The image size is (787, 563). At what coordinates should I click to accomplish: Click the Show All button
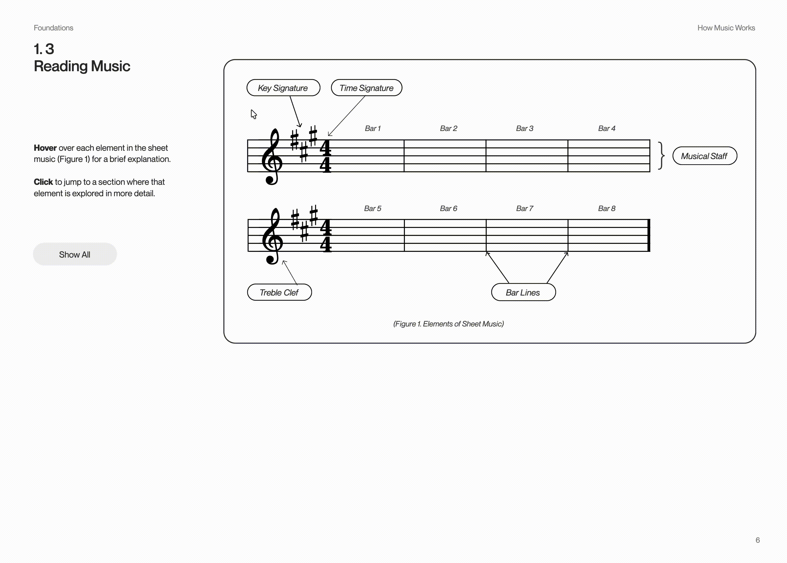point(75,254)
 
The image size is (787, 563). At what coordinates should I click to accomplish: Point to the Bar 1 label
point(373,128)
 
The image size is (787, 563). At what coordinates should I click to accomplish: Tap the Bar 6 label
point(449,208)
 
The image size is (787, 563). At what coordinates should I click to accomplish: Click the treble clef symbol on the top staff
point(272,157)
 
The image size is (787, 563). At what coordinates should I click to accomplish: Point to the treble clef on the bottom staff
point(273,237)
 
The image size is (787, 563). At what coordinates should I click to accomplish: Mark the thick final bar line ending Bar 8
point(649,235)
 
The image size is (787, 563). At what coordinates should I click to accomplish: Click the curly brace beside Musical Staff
point(661,156)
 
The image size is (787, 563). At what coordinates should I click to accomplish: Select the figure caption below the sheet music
point(448,324)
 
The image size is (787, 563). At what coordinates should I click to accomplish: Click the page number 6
point(758,540)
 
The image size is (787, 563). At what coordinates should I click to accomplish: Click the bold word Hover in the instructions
point(45,148)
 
